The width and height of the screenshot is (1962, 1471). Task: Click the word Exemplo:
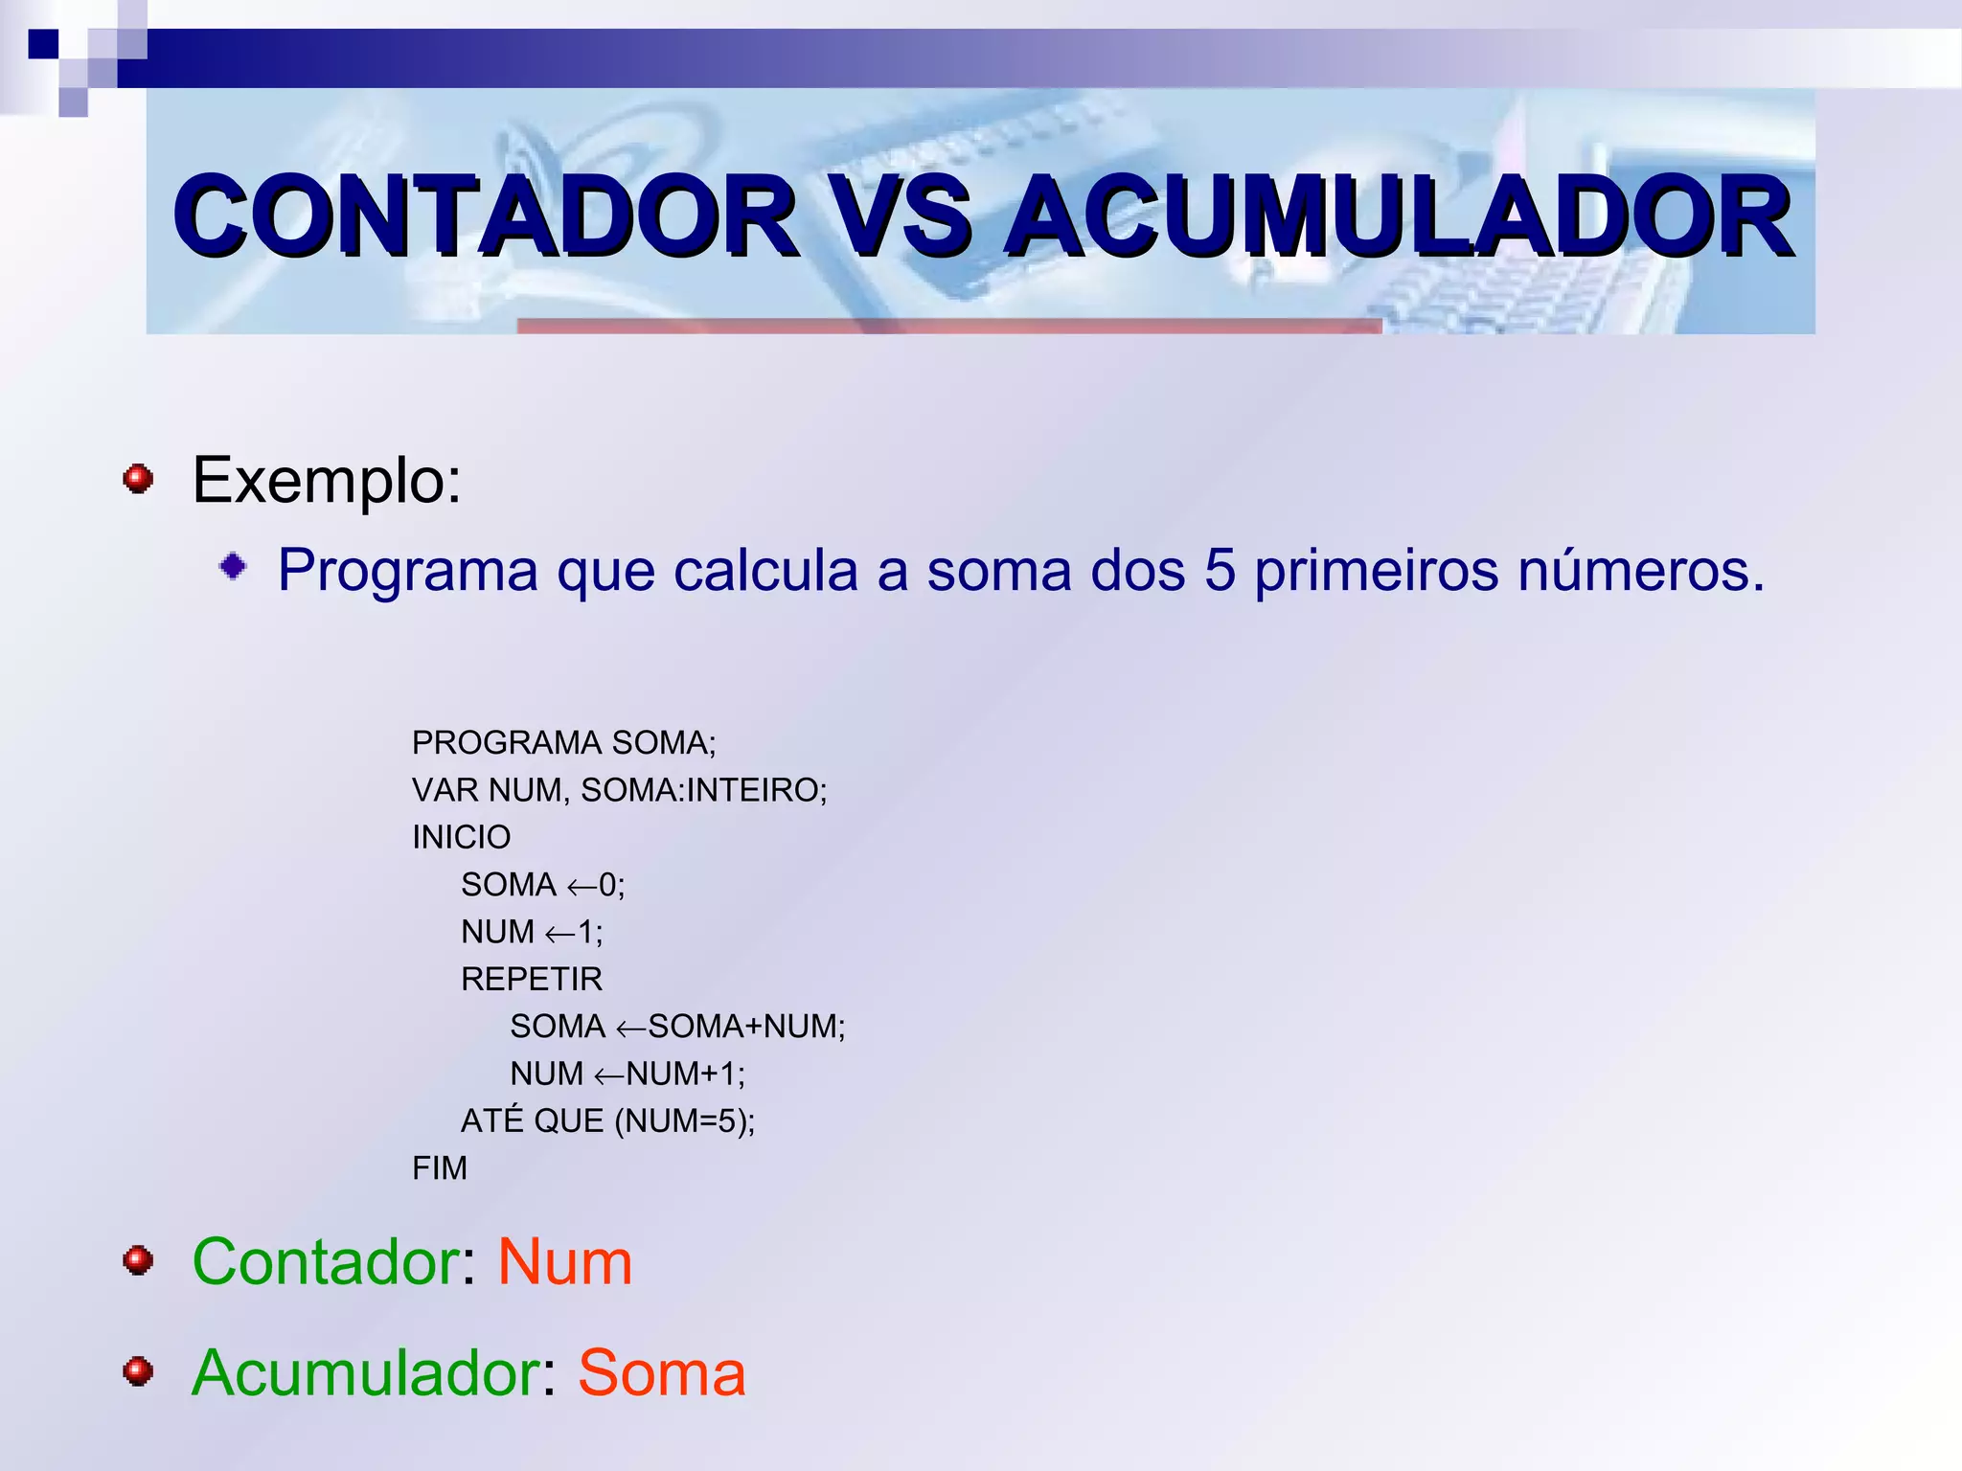click(327, 480)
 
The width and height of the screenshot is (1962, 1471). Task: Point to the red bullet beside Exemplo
click(139, 478)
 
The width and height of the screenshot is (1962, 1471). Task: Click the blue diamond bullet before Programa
click(233, 567)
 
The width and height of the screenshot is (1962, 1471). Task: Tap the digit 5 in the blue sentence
click(1220, 571)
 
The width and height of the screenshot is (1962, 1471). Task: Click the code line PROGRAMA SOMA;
click(563, 742)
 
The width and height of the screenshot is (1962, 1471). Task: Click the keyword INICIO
click(461, 837)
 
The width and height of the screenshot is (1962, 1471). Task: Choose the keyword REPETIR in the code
click(532, 979)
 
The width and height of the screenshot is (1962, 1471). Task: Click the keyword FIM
click(440, 1168)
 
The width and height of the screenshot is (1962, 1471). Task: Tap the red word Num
click(564, 1261)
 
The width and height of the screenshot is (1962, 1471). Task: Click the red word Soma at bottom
click(661, 1372)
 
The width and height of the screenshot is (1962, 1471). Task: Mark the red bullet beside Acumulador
click(139, 1371)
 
